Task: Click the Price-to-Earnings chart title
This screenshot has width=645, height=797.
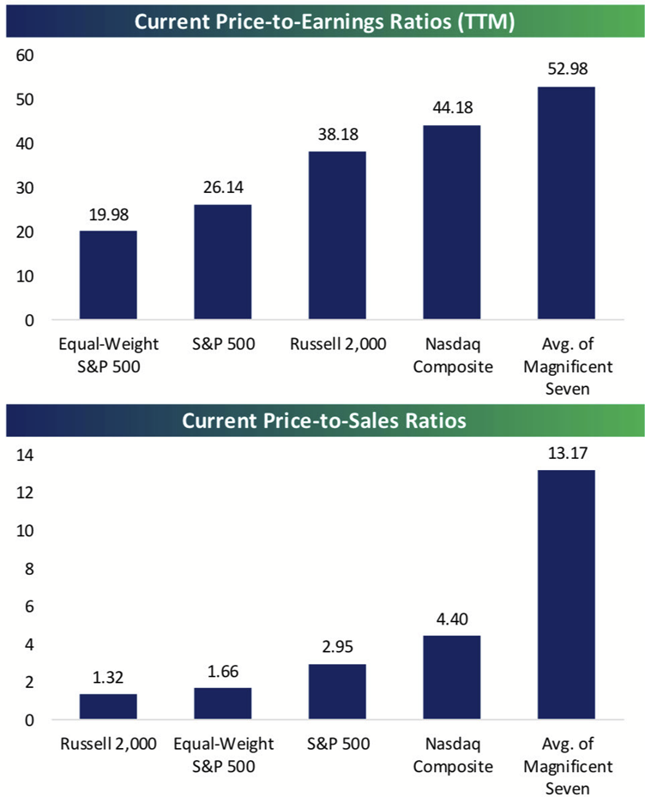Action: tap(322, 22)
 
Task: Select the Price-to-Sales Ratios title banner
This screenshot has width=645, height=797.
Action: tap(322, 422)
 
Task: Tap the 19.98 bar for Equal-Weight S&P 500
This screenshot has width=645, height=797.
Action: tap(108, 275)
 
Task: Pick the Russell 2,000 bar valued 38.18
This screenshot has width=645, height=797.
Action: tap(337, 236)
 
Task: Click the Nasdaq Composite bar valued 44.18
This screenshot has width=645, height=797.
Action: tap(451, 223)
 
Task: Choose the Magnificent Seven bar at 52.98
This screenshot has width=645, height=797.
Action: tap(566, 203)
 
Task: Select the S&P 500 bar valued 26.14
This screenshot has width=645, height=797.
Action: tap(222, 263)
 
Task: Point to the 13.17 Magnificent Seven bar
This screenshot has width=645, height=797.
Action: tap(566, 595)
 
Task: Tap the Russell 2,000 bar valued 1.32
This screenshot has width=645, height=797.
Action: tap(108, 707)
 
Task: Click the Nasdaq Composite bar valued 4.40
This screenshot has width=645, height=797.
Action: tap(451, 678)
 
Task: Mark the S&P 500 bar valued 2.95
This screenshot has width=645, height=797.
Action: tap(337, 691)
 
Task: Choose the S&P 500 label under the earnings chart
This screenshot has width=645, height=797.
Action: tap(222, 345)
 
